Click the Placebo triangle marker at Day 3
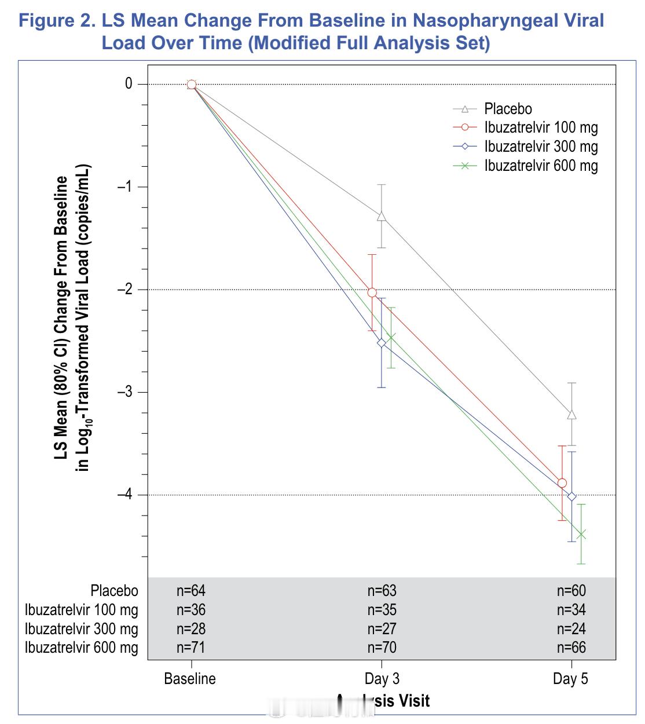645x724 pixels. [x=382, y=217]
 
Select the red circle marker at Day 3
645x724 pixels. [x=372, y=292]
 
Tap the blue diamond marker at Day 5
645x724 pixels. [x=572, y=496]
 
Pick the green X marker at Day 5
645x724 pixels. [x=581, y=534]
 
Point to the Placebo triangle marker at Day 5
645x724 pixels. [x=572, y=415]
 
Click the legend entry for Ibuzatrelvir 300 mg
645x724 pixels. [x=541, y=147]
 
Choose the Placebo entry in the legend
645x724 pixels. [x=508, y=109]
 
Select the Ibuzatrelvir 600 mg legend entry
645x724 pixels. [x=541, y=166]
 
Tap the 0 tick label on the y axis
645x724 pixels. [x=129, y=84]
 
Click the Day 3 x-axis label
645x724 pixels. [x=382, y=679]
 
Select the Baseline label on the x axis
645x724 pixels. [x=190, y=679]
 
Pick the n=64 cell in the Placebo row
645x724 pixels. [x=191, y=591]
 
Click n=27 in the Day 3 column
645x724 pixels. [x=382, y=629]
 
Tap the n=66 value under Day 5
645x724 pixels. [x=571, y=648]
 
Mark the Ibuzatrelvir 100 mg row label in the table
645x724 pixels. [x=82, y=610]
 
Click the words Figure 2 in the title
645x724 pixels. [x=57, y=21]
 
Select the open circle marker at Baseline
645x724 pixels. [x=192, y=85]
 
